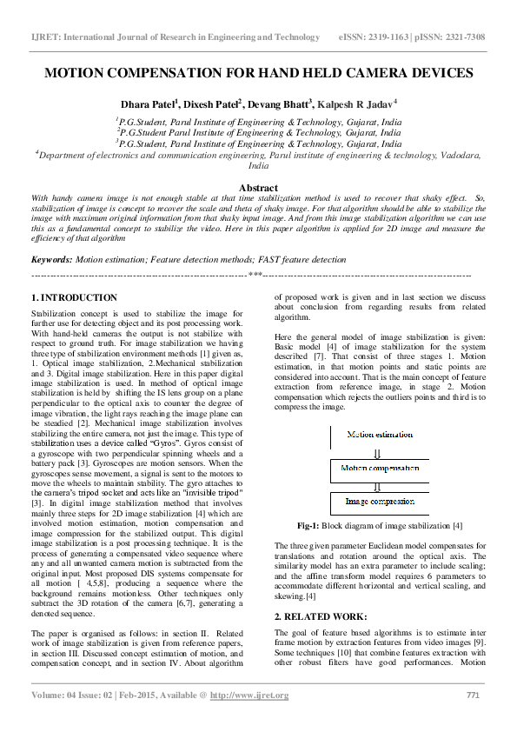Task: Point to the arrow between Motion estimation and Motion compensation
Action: coord(376,452)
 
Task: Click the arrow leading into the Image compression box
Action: coord(376,486)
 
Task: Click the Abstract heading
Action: coord(258,188)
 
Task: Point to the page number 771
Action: coord(474,695)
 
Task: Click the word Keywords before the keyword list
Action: coord(51,259)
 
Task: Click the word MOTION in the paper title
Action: coord(76,73)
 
